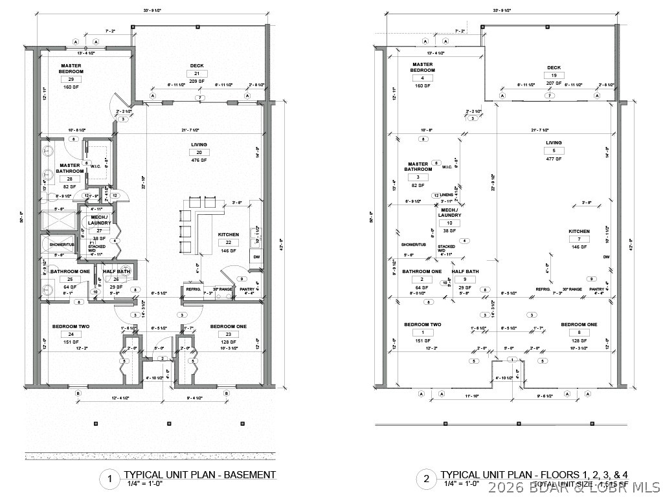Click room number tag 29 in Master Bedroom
pyautogui.click(x=70, y=79)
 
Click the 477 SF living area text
pyautogui.click(x=554, y=159)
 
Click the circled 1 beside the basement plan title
pyautogui.click(x=109, y=479)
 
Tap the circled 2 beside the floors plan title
pyautogui.click(x=426, y=479)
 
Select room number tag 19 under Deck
pyautogui.click(x=554, y=76)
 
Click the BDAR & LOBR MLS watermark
pyautogui.click(x=576, y=486)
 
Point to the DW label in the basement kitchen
pyautogui.click(x=256, y=256)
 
